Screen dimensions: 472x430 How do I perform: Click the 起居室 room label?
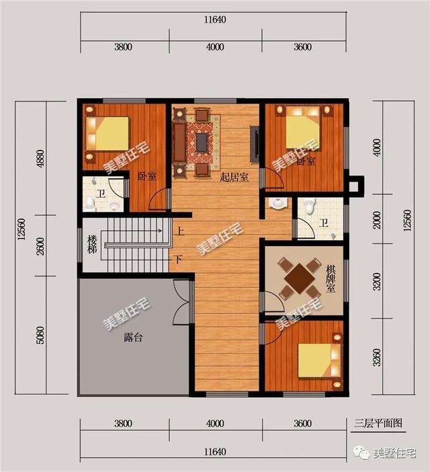[x=234, y=178]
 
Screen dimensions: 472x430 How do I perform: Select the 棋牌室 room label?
[x=330, y=278]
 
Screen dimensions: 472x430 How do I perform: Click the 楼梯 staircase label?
[x=93, y=245]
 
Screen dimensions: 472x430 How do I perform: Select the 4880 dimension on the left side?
[x=23, y=157]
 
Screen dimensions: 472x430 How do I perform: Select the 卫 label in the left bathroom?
[x=99, y=194]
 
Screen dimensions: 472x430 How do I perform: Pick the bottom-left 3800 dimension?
[x=123, y=424]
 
